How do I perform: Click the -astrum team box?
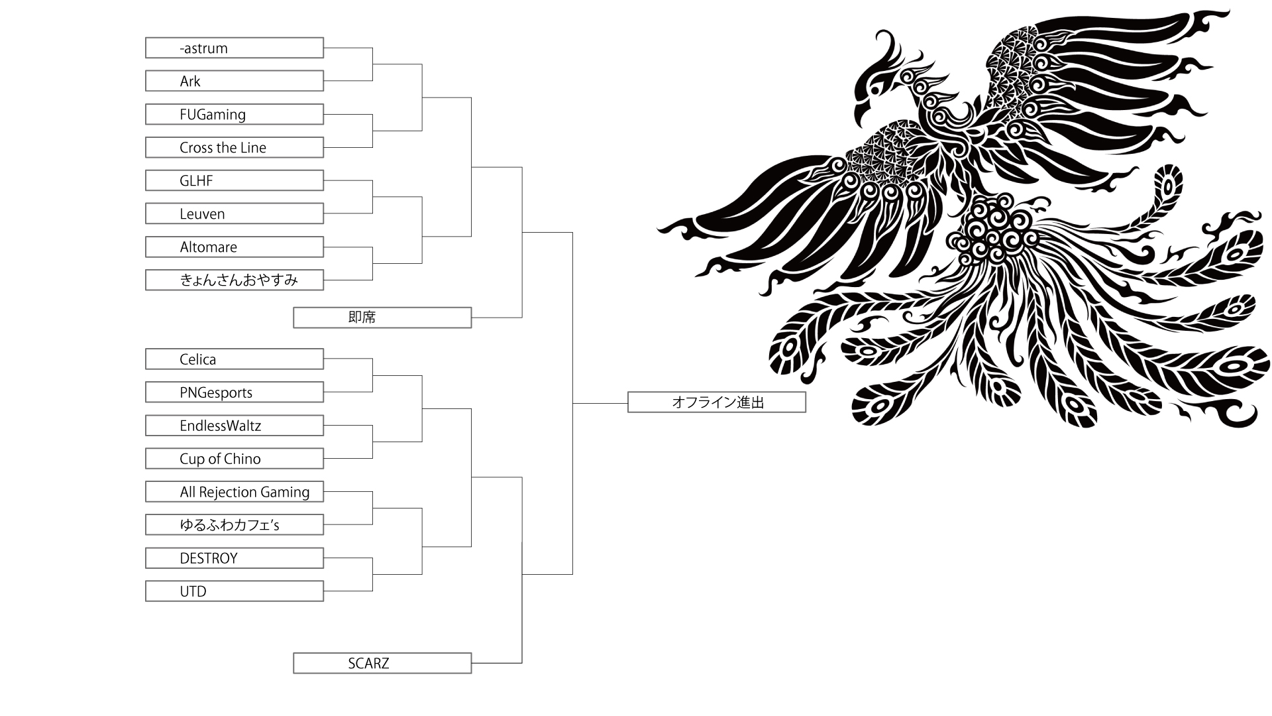pyautogui.click(x=235, y=48)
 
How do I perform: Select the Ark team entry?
pyautogui.click(x=235, y=81)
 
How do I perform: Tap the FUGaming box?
pyautogui.click(x=235, y=114)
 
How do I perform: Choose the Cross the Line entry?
pyautogui.click(x=235, y=147)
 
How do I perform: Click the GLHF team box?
pyautogui.click(x=235, y=180)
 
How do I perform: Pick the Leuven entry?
pyautogui.click(x=235, y=213)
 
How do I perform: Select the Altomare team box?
pyautogui.click(x=235, y=247)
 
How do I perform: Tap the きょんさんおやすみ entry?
pyautogui.click(x=235, y=280)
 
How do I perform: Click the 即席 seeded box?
pyautogui.click(x=382, y=318)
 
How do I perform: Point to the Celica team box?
pyautogui.click(x=235, y=359)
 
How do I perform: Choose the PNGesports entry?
pyautogui.click(x=235, y=392)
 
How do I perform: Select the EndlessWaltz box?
pyautogui.click(x=235, y=425)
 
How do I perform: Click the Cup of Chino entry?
pyautogui.click(x=235, y=458)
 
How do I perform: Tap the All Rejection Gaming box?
pyautogui.click(x=235, y=491)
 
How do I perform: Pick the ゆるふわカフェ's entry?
pyautogui.click(x=235, y=524)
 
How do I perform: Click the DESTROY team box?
pyautogui.click(x=235, y=558)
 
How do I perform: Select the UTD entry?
pyautogui.click(x=235, y=591)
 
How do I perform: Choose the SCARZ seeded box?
pyautogui.click(x=382, y=663)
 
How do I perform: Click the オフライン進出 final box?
pyautogui.click(x=717, y=402)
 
